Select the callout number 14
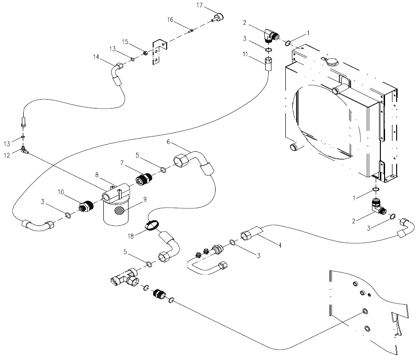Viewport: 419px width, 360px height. (96, 57)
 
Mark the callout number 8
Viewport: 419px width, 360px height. (97, 175)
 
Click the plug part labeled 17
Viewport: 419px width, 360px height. (217, 18)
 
